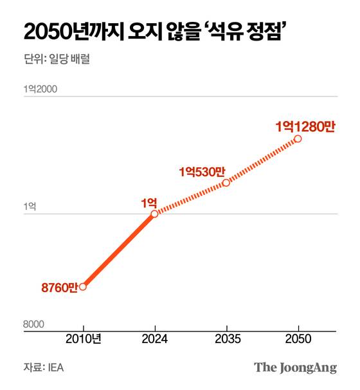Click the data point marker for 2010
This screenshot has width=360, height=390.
(x=82, y=286)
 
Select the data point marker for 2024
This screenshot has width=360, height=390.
(x=154, y=214)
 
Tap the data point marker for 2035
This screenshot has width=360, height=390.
(x=226, y=183)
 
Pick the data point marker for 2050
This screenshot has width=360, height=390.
(x=298, y=138)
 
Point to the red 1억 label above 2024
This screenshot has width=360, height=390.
(x=149, y=201)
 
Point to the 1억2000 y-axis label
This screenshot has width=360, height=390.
(x=40, y=89)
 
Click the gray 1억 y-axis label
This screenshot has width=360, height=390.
(x=30, y=207)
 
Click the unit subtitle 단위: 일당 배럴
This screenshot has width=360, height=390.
(x=55, y=60)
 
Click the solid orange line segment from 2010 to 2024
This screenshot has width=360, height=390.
(x=118, y=250)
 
